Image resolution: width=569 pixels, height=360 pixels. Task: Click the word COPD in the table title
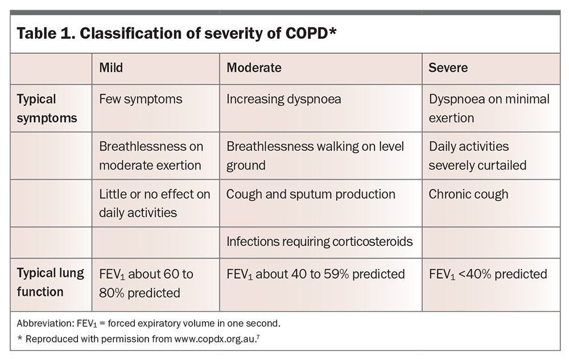tap(306, 34)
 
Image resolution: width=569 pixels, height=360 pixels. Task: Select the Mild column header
tap(111, 68)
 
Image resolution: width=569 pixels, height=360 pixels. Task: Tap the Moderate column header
tap(254, 68)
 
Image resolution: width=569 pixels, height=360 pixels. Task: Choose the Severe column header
tap(448, 68)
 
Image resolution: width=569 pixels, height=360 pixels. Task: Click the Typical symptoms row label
tap(47, 109)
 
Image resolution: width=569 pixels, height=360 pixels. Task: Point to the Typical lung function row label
tap(51, 282)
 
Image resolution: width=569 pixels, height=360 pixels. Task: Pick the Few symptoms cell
tap(141, 100)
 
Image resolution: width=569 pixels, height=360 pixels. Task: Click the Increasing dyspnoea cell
tap(284, 100)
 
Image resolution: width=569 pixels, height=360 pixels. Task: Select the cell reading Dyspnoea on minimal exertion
tap(489, 109)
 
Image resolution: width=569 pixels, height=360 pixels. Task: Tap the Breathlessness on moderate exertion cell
tap(151, 156)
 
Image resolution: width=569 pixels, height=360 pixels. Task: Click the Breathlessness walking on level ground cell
tap(315, 156)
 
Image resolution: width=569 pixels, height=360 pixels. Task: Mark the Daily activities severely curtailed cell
tap(477, 156)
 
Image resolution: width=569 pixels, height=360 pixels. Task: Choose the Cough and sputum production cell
tap(311, 195)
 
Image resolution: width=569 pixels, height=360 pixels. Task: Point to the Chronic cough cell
tap(468, 195)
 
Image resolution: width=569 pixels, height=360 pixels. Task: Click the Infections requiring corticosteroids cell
tap(320, 242)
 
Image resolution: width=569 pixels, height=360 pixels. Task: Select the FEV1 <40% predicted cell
tap(488, 275)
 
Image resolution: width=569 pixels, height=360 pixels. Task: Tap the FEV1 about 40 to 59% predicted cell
tap(316, 275)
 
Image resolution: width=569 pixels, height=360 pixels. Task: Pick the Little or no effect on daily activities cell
tap(155, 204)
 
